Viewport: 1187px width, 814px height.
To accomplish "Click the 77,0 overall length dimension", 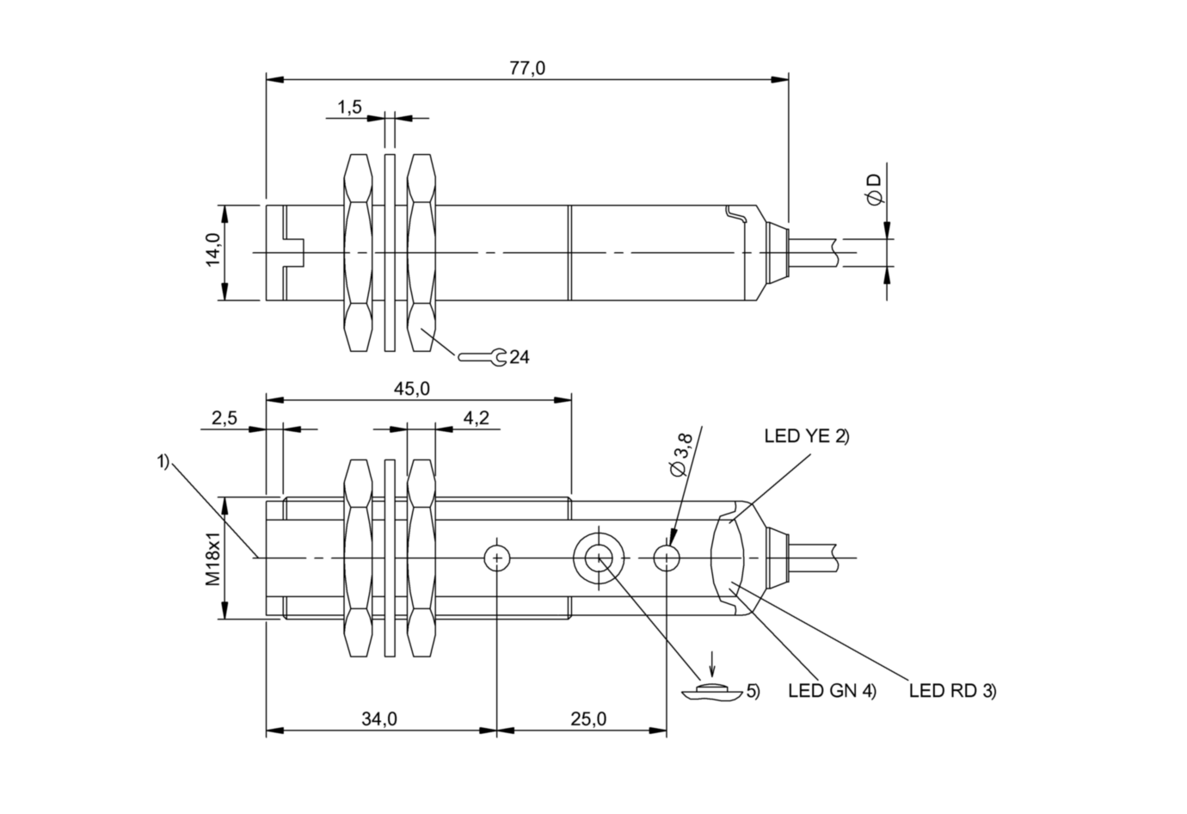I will click(527, 69).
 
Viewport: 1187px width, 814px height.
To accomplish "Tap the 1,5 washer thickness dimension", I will click(348, 107).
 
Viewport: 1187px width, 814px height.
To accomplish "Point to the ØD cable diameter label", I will click(875, 189).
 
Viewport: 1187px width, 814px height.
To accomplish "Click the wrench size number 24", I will click(520, 356).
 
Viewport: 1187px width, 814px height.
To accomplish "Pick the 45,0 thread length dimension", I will click(411, 389).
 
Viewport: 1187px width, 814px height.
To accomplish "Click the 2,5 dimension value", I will click(224, 418).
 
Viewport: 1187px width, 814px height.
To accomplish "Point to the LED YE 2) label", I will click(806, 436).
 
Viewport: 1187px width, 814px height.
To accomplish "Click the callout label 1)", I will click(163, 462).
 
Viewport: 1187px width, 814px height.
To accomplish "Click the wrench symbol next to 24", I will click(483, 356).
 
